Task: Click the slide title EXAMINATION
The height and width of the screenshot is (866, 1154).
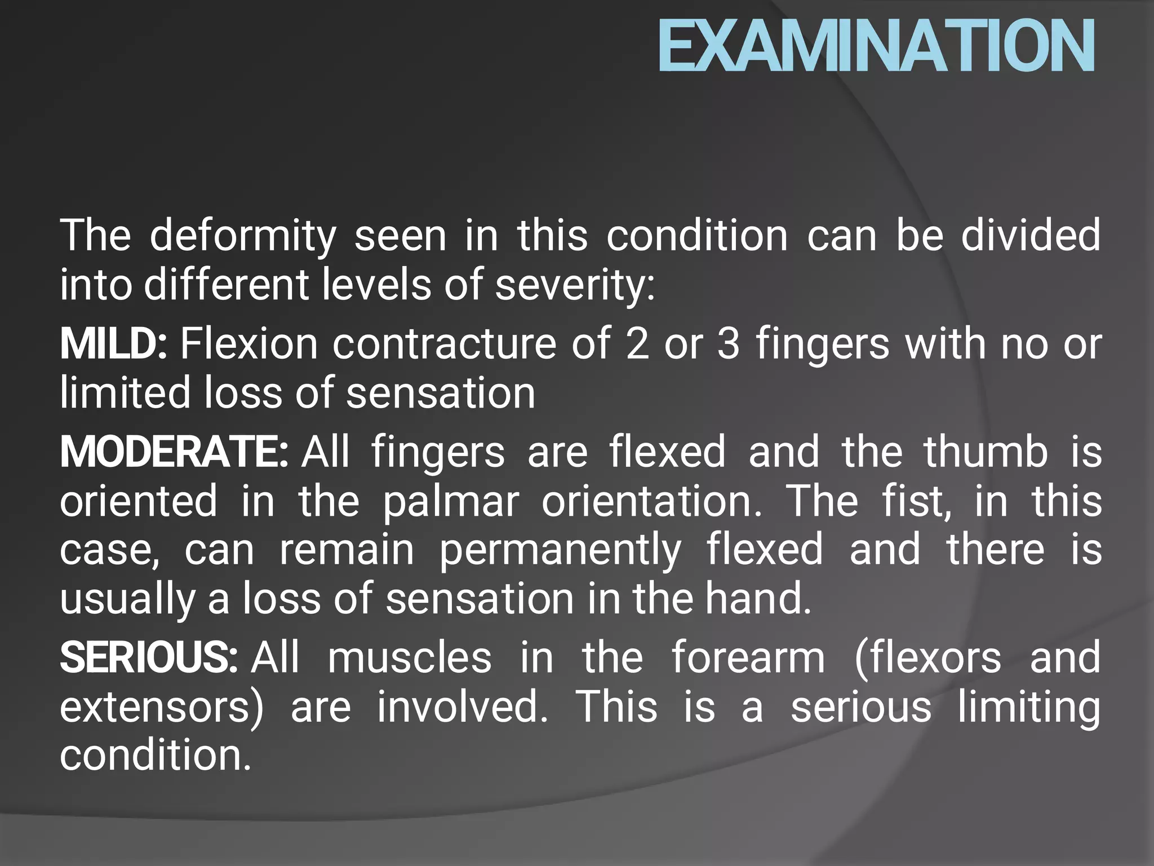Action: [876, 46]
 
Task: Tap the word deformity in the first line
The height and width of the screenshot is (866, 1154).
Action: [243, 236]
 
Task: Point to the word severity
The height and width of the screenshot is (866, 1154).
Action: [575, 285]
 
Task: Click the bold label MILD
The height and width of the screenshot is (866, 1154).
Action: [113, 344]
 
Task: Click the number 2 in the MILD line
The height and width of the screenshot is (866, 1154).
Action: [637, 344]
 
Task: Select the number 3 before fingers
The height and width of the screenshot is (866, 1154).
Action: [728, 344]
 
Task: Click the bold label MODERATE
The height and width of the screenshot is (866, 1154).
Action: [174, 452]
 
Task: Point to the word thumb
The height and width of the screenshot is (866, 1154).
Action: [986, 452]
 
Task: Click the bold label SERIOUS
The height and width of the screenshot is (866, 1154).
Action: [149, 658]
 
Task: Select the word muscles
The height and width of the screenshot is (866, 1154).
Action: [410, 658]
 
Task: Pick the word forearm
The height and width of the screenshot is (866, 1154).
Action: [748, 658]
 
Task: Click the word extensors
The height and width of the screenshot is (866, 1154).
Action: [161, 707]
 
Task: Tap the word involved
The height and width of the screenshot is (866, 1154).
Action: [462, 707]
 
